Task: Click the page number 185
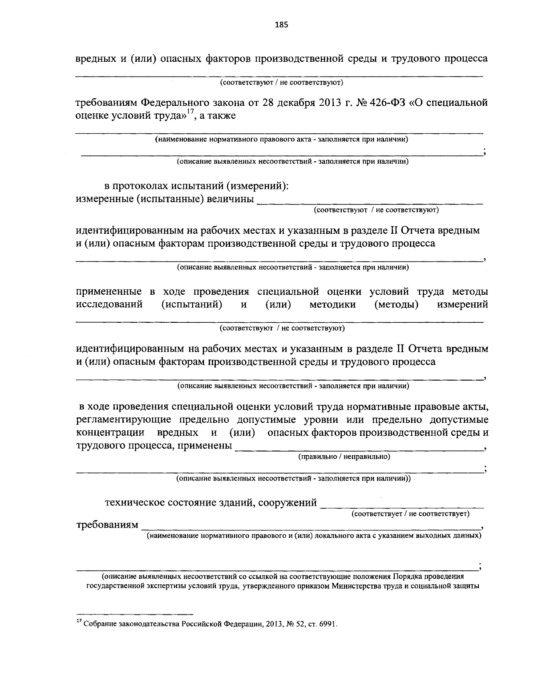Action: click(281, 24)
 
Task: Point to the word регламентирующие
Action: click(121, 420)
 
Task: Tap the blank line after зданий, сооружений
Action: click(402, 506)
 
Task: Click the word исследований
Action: click(109, 305)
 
